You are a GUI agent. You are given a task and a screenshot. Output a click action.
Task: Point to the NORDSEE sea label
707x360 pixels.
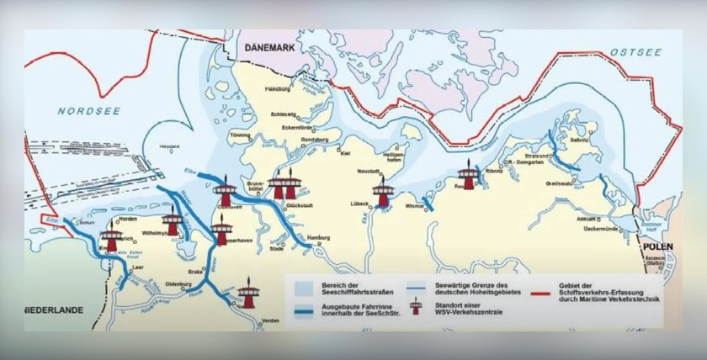(84, 111)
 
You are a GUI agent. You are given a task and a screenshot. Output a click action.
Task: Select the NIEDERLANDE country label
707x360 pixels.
(53, 310)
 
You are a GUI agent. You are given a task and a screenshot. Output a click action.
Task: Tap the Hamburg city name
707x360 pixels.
(318, 239)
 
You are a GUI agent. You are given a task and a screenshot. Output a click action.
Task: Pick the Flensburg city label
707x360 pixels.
(277, 88)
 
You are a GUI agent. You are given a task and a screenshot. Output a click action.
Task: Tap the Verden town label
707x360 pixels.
(269, 320)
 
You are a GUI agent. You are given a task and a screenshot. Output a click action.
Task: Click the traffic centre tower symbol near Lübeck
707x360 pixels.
(384, 193)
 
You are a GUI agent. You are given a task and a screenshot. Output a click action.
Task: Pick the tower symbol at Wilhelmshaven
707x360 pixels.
(173, 223)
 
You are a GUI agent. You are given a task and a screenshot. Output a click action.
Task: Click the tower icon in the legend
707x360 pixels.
(414, 308)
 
